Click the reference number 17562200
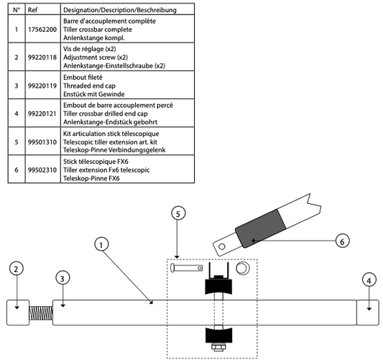click(x=42, y=29)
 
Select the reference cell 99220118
click(x=42, y=57)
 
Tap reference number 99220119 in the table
click(x=42, y=86)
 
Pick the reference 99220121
click(x=42, y=114)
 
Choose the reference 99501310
click(x=42, y=142)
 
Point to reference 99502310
click(x=42, y=170)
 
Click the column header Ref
click(x=33, y=10)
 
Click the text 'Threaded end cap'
click(x=89, y=86)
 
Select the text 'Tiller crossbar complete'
click(x=98, y=29)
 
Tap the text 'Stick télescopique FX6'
click(x=96, y=162)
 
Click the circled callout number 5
click(x=178, y=213)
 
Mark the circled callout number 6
click(x=342, y=241)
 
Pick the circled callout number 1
click(x=101, y=244)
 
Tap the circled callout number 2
click(x=17, y=269)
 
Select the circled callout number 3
click(x=63, y=278)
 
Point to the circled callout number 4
click(x=369, y=280)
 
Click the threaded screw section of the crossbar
click(x=41, y=313)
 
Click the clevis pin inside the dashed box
click(x=186, y=268)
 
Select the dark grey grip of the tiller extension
click(x=260, y=229)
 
